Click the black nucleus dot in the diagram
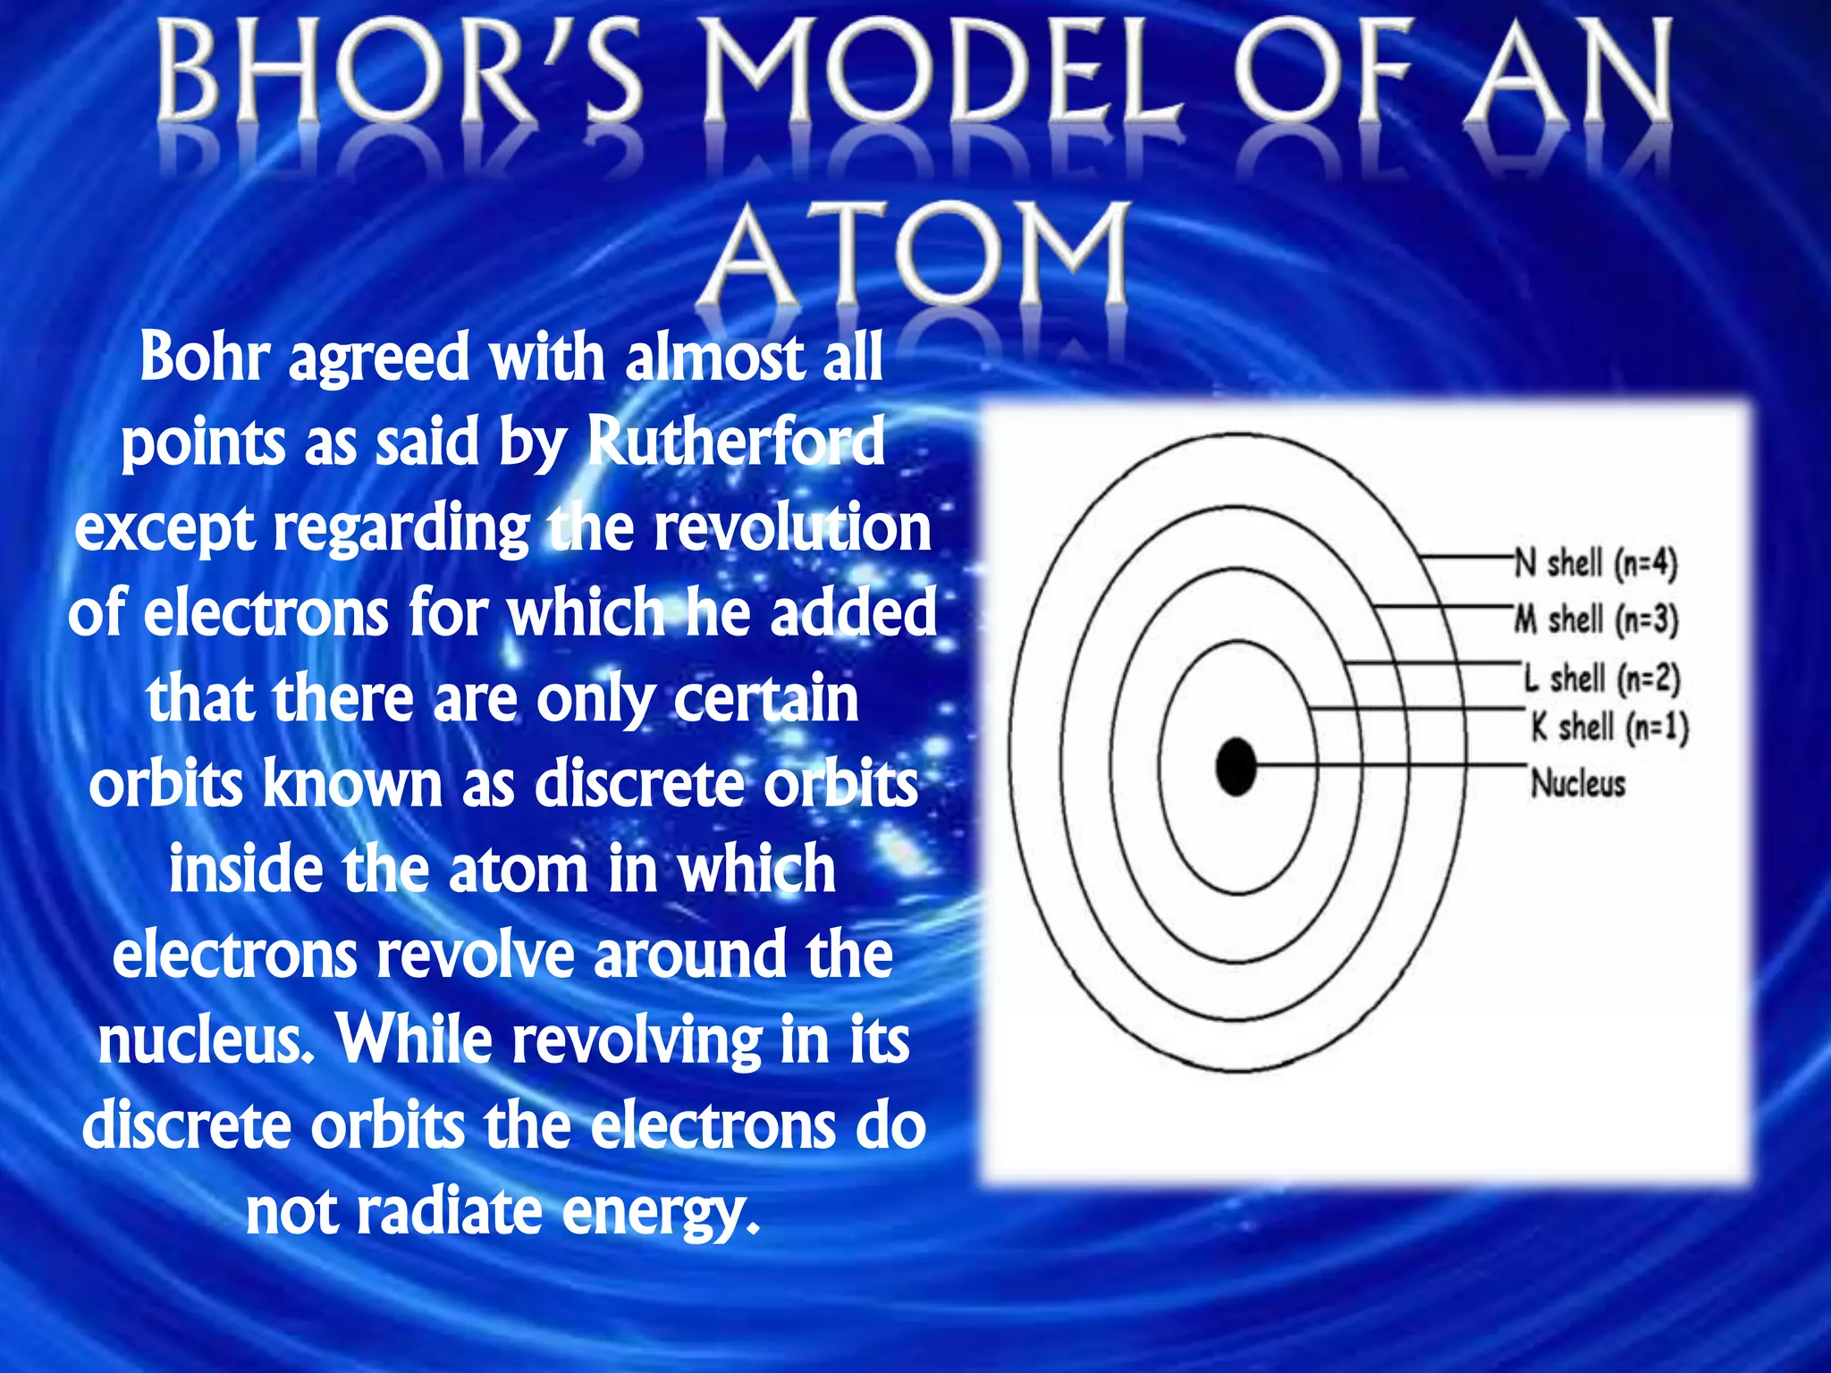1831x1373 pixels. tap(1236, 766)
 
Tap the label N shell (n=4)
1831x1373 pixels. tap(1596, 564)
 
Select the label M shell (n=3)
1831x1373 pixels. tap(1596, 619)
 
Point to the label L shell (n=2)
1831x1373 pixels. tap(1602, 678)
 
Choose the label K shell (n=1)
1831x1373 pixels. tap(1609, 727)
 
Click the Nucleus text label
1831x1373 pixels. tap(1578, 784)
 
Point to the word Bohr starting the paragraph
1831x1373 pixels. tap(204, 357)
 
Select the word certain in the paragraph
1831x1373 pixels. tap(766, 699)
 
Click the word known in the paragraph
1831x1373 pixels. tap(353, 784)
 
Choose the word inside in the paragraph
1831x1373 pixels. tap(246, 869)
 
